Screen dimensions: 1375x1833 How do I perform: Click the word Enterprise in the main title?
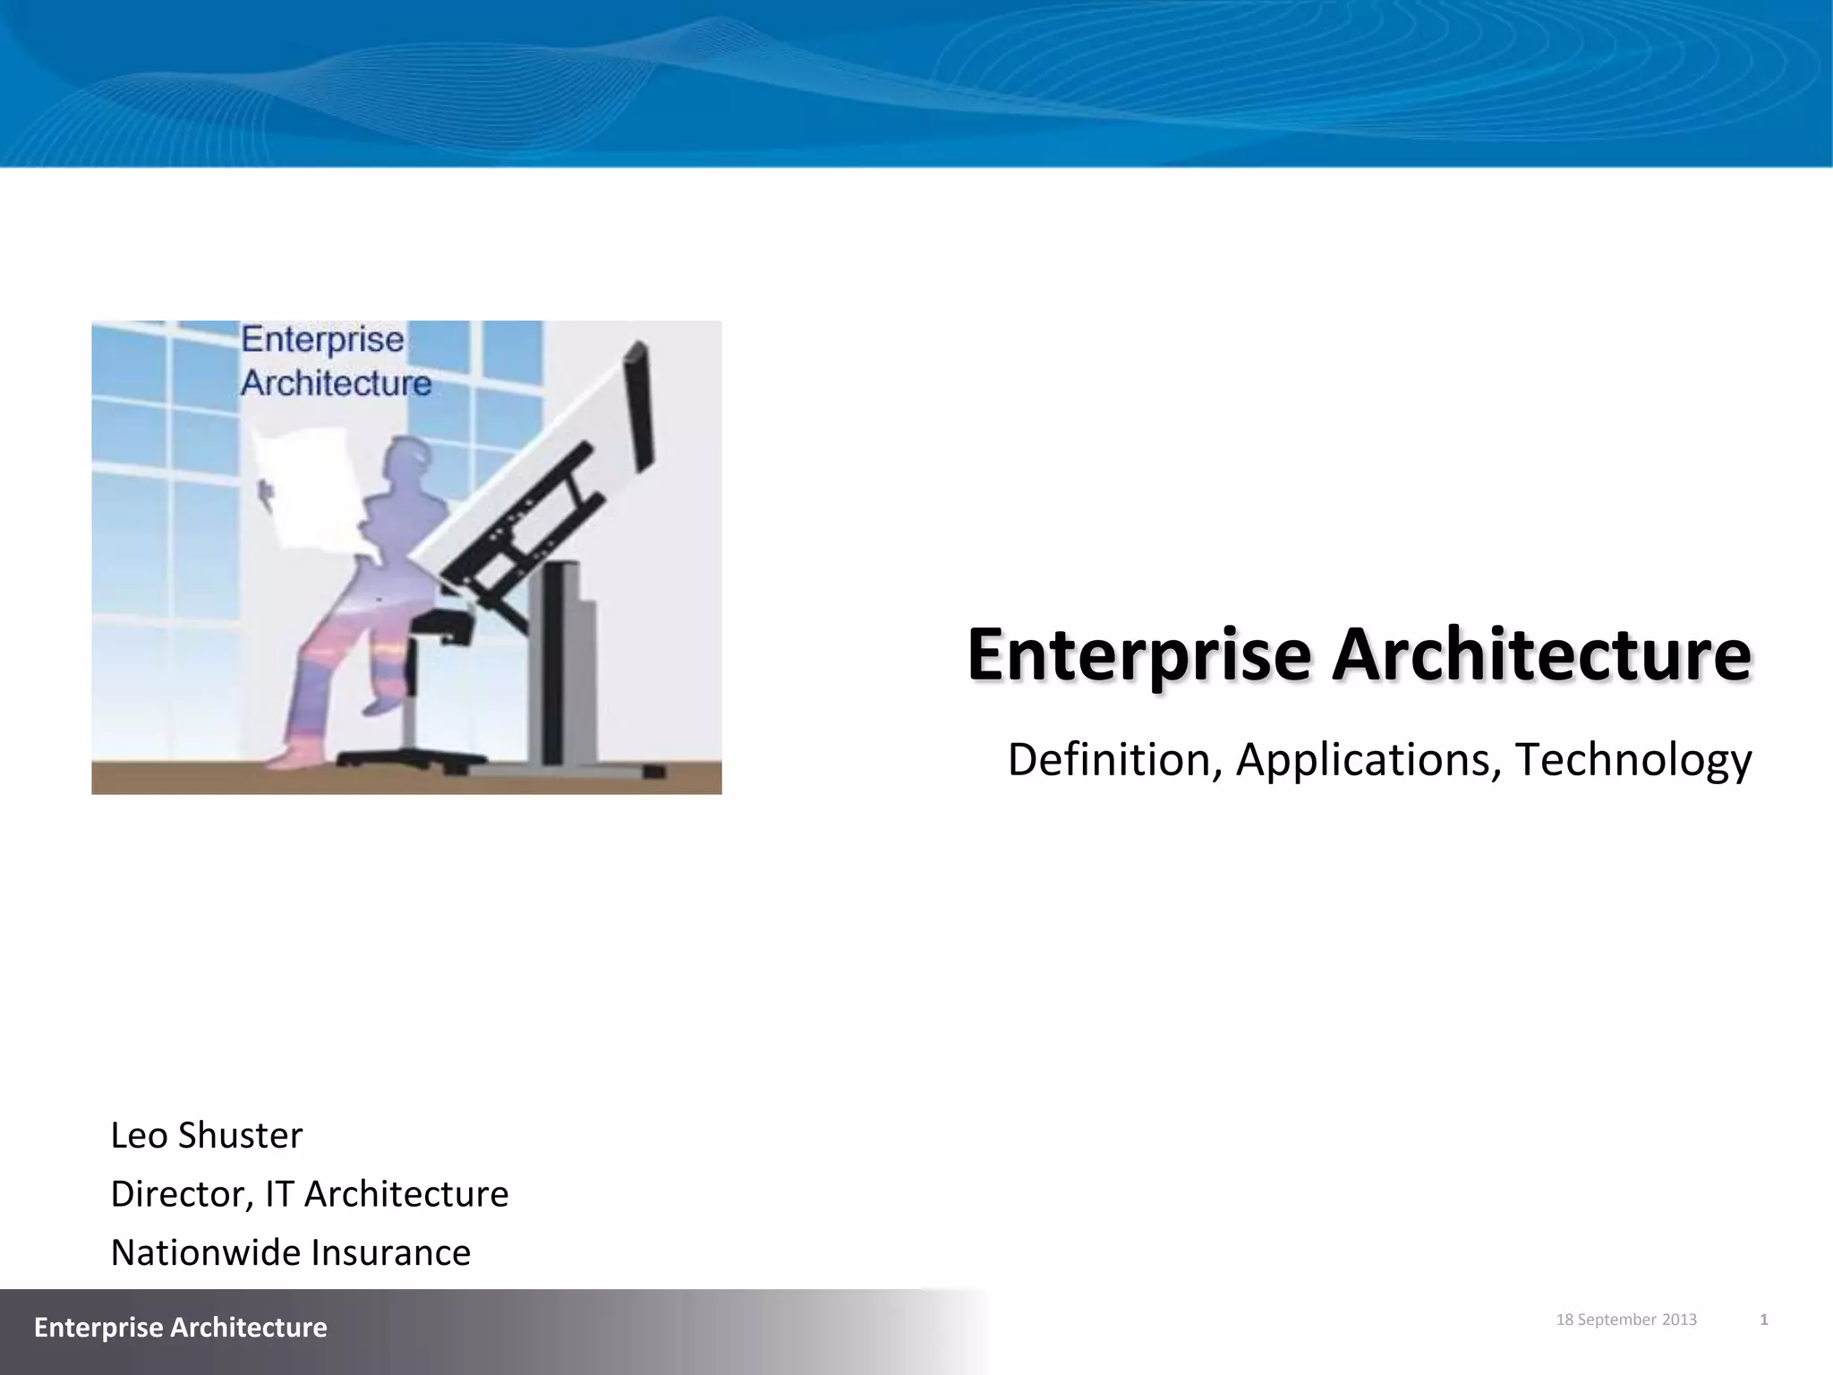click(x=1138, y=655)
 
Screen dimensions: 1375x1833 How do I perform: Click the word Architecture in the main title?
click(x=1540, y=655)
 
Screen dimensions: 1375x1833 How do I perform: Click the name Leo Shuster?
click(x=207, y=1135)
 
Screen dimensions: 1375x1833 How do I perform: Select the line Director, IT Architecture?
click(x=309, y=1194)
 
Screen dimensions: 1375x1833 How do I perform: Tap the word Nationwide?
click(x=205, y=1252)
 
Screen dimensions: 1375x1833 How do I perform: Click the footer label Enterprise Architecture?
click(x=180, y=1327)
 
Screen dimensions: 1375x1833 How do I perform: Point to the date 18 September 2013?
click(x=1626, y=1319)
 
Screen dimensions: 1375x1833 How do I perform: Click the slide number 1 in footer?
click(x=1763, y=1319)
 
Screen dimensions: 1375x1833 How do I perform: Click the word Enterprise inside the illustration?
click(x=322, y=341)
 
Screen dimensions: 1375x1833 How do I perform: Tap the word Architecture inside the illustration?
click(x=336, y=383)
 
